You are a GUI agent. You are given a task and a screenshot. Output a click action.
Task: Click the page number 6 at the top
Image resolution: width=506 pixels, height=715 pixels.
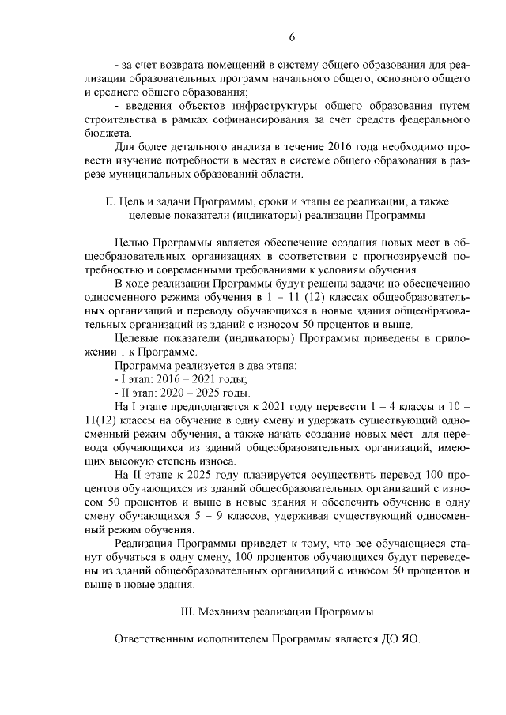click(291, 37)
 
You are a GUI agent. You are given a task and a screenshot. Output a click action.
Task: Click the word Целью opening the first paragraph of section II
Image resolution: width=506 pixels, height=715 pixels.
click(131, 242)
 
